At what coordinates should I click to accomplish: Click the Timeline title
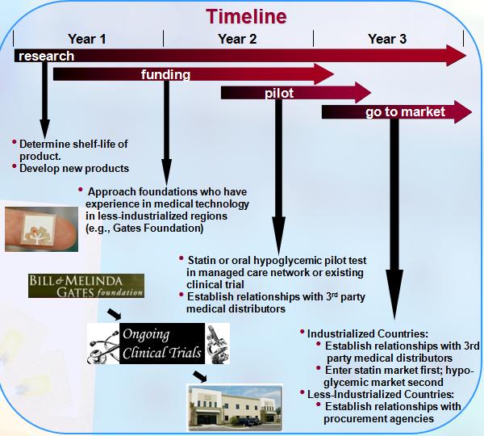click(246, 16)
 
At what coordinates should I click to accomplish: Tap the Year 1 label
click(87, 39)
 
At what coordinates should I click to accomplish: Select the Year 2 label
click(237, 39)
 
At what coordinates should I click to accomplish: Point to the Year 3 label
click(387, 39)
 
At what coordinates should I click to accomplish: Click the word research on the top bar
click(46, 57)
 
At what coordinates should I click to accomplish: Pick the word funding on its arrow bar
click(165, 75)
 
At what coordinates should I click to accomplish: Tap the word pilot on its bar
click(279, 94)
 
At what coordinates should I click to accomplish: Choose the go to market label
click(405, 112)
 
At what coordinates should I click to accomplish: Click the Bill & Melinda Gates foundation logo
click(86, 286)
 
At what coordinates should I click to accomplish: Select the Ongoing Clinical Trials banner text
click(162, 344)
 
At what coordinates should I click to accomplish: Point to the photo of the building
click(235, 407)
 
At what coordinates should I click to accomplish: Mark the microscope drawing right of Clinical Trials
click(217, 344)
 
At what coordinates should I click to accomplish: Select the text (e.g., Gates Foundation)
click(144, 228)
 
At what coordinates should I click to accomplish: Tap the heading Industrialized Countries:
click(368, 333)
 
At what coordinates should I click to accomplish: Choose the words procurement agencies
click(379, 419)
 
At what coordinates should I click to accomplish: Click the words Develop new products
click(74, 169)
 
